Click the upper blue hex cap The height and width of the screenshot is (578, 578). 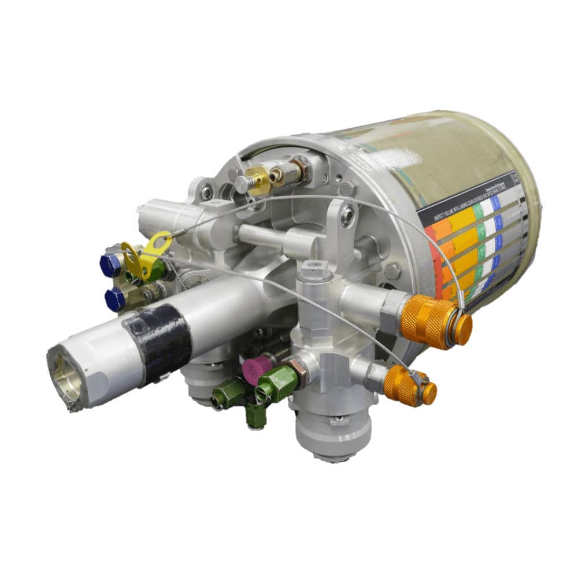tap(110, 265)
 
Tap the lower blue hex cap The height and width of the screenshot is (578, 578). tap(114, 299)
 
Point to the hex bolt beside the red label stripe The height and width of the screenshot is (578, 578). tap(394, 270)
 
